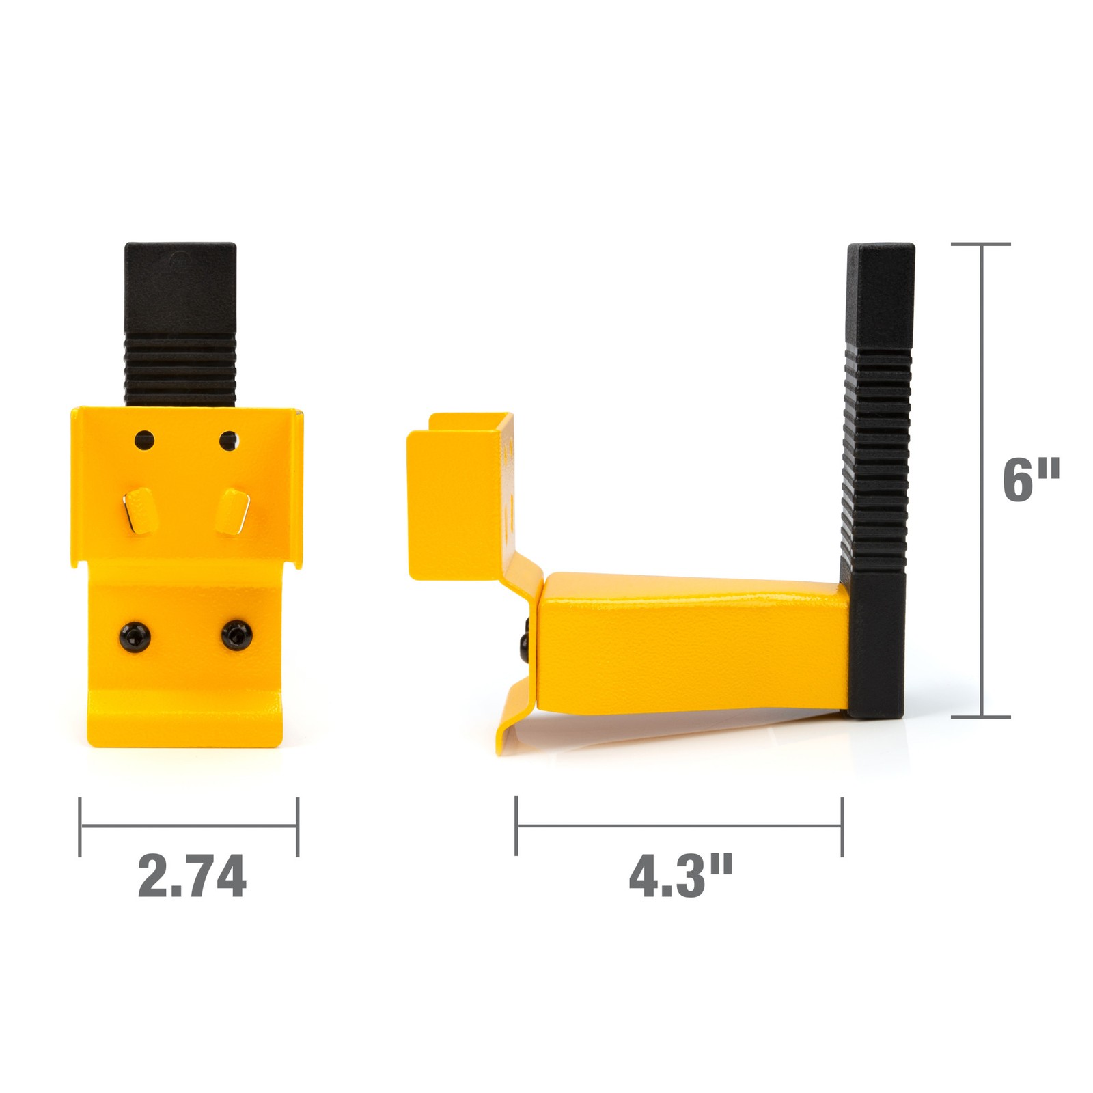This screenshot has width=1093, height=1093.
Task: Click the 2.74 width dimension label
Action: [192, 876]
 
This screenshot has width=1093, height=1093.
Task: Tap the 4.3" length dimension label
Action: [680, 876]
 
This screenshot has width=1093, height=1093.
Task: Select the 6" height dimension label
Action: [1030, 480]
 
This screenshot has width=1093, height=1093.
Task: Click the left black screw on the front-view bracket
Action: [134, 637]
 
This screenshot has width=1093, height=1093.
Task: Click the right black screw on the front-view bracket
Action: [236, 635]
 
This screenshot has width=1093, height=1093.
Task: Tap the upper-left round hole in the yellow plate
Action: [144, 441]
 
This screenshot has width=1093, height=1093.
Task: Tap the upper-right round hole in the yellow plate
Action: [228, 441]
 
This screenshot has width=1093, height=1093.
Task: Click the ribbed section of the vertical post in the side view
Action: [877, 458]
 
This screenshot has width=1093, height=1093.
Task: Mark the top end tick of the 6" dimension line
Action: [982, 244]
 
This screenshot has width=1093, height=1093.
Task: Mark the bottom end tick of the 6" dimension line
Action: [982, 717]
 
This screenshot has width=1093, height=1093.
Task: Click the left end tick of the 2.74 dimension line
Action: [81, 826]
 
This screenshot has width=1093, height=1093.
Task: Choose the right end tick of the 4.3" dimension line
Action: [842, 826]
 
